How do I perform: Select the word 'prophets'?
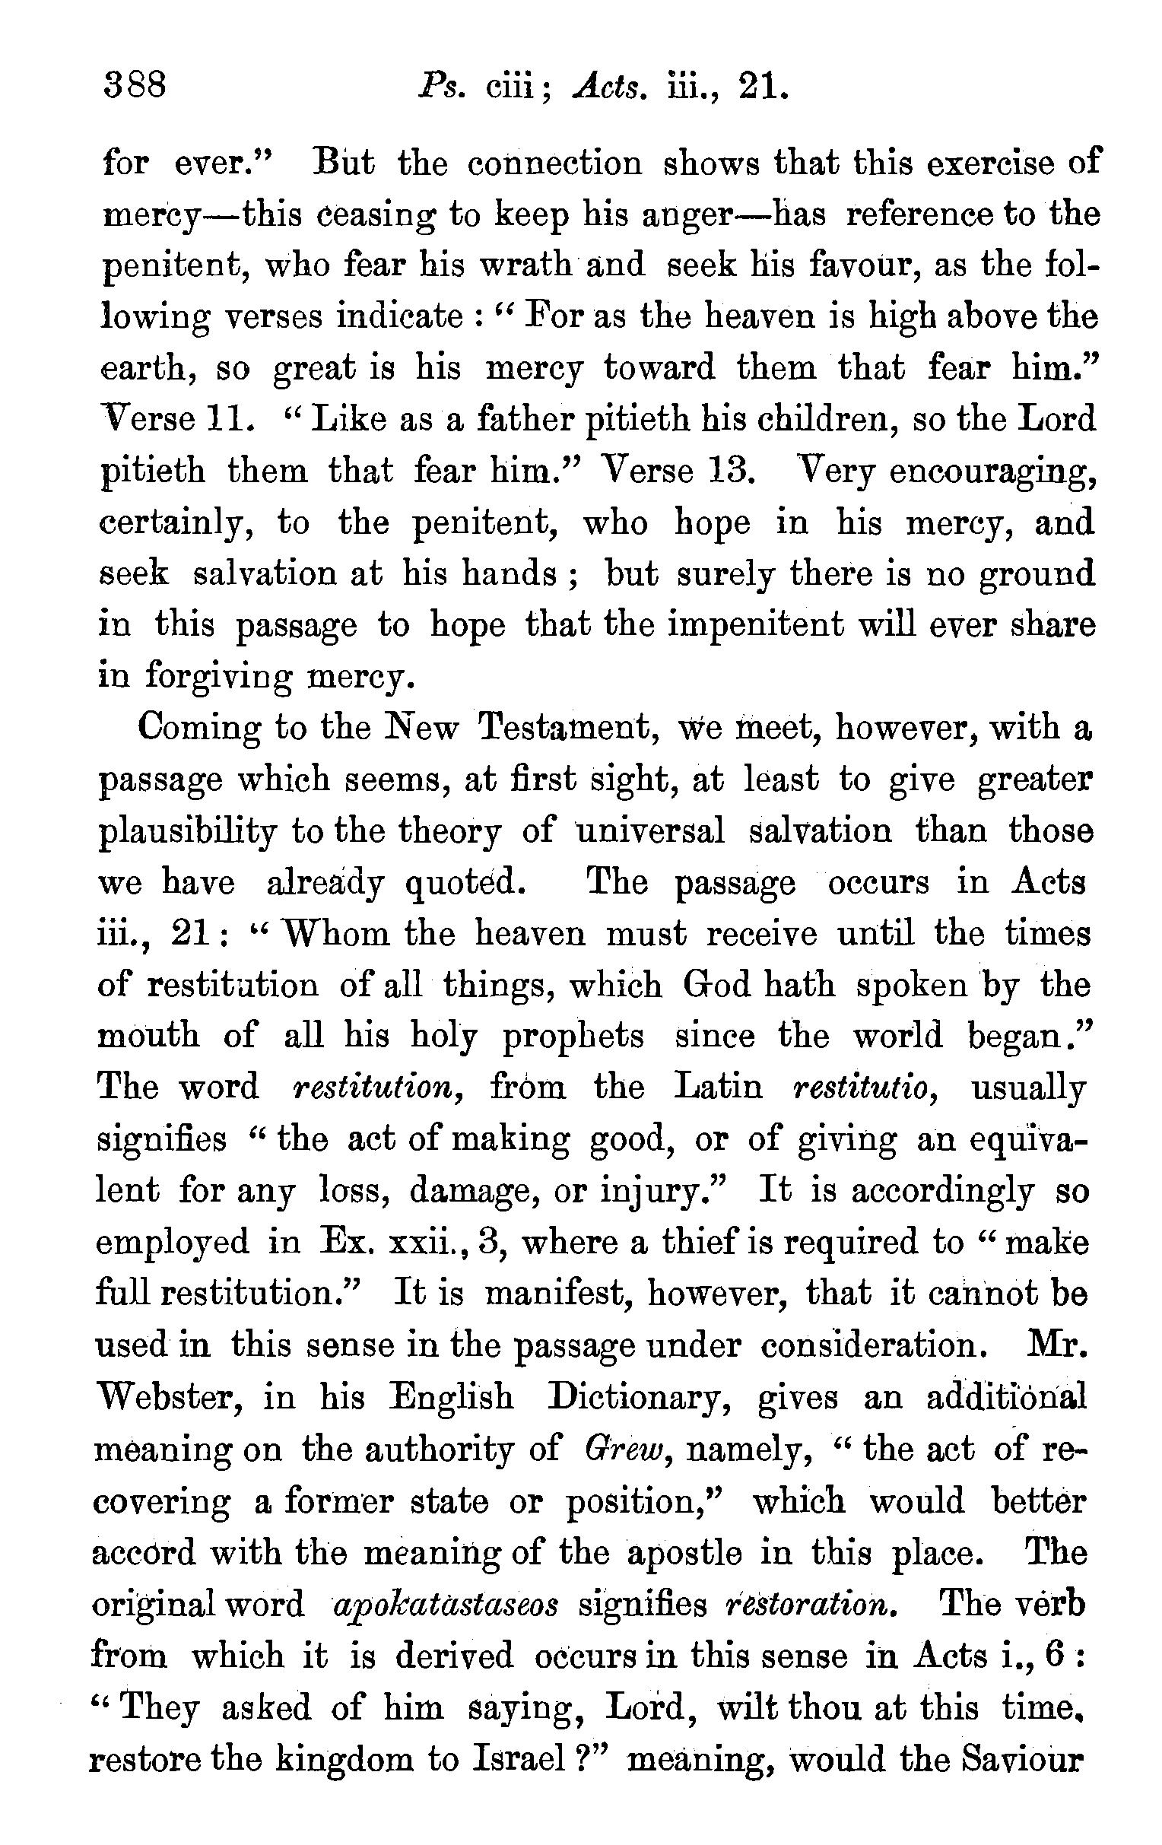point(573,1037)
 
